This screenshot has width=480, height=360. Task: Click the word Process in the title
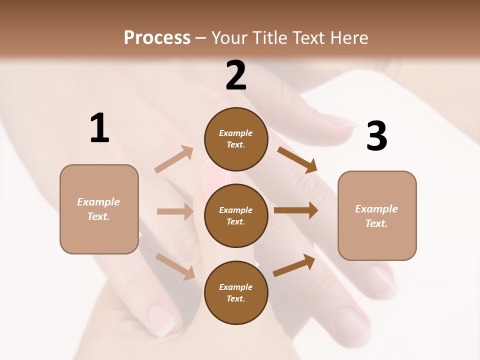pyautogui.click(x=157, y=37)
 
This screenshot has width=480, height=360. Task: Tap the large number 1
pyautogui.click(x=99, y=128)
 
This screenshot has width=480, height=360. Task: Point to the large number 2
pyautogui.click(x=236, y=75)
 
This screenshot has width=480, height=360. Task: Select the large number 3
pyautogui.click(x=376, y=136)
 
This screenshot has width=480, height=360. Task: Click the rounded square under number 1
pyautogui.click(x=99, y=209)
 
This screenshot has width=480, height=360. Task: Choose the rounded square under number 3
pyautogui.click(x=377, y=215)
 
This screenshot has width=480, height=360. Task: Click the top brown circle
pyautogui.click(x=236, y=139)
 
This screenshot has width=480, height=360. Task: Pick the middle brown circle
pyautogui.click(x=236, y=215)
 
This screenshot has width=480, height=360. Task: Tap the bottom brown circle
pyautogui.click(x=236, y=292)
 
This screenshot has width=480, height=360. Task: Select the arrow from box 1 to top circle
pyautogui.click(x=174, y=159)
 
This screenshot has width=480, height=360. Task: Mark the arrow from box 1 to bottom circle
pyautogui.click(x=175, y=266)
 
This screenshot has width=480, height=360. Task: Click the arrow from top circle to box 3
pyautogui.click(x=297, y=159)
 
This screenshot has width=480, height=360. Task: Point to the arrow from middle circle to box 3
pyautogui.click(x=296, y=210)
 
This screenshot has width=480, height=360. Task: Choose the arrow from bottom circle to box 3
pyautogui.click(x=294, y=265)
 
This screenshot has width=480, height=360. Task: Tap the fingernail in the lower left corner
pyautogui.click(x=163, y=319)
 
